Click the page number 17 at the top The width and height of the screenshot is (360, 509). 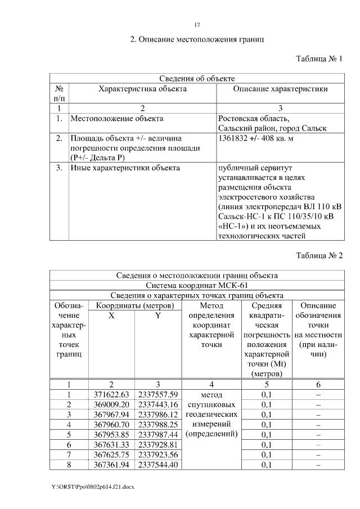pyautogui.click(x=197, y=25)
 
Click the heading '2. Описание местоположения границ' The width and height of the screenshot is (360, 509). pyautogui.click(x=197, y=40)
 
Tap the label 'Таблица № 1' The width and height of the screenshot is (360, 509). pyautogui.click(x=319, y=59)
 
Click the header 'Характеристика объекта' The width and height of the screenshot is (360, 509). pyautogui.click(x=142, y=89)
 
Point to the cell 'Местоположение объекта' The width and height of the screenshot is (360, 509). pyautogui.click(x=116, y=119)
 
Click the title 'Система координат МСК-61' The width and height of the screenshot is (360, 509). pyautogui.click(x=196, y=285)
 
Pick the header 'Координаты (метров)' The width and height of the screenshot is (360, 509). pyautogui.click(x=134, y=305)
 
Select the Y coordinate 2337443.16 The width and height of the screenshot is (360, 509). pyautogui.click(x=157, y=404)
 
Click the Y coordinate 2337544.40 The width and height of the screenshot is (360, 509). pyautogui.click(x=157, y=465)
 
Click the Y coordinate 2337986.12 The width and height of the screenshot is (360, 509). pyautogui.click(x=157, y=415)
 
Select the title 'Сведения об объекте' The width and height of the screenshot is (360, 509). pyautogui.click(x=196, y=79)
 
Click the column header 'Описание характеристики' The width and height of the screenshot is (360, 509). pyautogui.click(x=280, y=89)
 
